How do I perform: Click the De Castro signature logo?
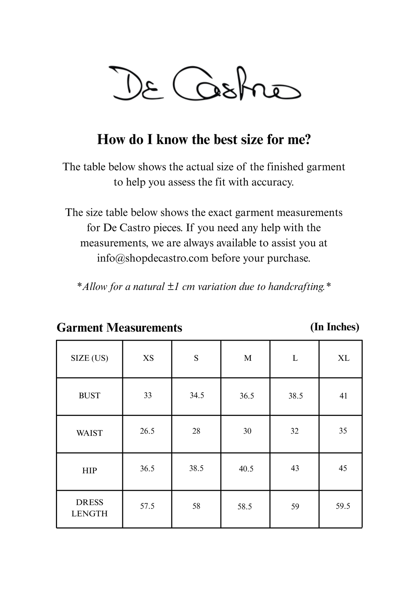tap(205, 84)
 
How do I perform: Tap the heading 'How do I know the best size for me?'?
tap(204, 139)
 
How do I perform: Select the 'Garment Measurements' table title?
tap(119, 328)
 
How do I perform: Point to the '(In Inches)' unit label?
tap(334, 327)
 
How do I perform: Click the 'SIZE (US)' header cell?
tap(89, 358)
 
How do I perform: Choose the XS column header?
tap(148, 358)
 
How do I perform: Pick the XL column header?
tap(343, 358)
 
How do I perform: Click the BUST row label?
tap(89, 396)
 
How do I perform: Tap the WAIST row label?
tap(89, 433)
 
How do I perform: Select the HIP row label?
tap(89, 471)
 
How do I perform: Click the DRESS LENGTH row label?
tap(89, 508)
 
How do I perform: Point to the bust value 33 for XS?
tap(148, 395)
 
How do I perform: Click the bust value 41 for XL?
tap(343, 396)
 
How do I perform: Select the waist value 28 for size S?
tap(196, 431)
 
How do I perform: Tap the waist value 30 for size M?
tap(247, 431)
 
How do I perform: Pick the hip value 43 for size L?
tap(295, 469)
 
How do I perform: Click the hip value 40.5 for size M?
tap(246, 469)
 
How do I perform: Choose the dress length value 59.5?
tap(343, 506)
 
